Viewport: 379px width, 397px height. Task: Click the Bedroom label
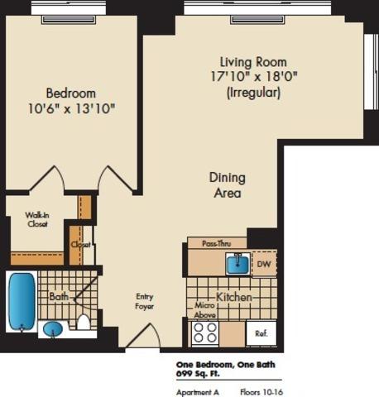(71, 93)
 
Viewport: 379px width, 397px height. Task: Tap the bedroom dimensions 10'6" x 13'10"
(71, 108)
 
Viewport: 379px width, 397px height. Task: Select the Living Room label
(253, 62)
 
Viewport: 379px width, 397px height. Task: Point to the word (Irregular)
(253, 93)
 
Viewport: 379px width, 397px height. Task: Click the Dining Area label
(228, 185)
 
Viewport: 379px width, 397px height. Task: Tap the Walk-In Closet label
(37, 219)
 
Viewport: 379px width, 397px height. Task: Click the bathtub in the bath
(22, 301)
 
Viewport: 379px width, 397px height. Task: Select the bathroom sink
(53, 329)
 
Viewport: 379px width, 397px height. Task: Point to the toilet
(84, 322)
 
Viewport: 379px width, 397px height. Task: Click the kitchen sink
(238, 264)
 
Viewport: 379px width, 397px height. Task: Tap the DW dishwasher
(264, 264)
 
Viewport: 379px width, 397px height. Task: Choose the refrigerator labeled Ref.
(261, 333)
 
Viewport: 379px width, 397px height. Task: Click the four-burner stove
(205, 333)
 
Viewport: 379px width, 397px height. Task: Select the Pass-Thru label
(217, 244)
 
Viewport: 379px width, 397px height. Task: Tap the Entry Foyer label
(144, 301)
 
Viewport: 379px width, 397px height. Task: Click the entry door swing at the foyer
(144, 334)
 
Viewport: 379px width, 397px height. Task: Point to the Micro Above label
(204, 310)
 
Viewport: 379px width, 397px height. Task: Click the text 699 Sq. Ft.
(198, 374)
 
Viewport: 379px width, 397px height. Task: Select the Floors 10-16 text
(261, 392)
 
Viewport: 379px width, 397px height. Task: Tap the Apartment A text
(198, 392)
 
